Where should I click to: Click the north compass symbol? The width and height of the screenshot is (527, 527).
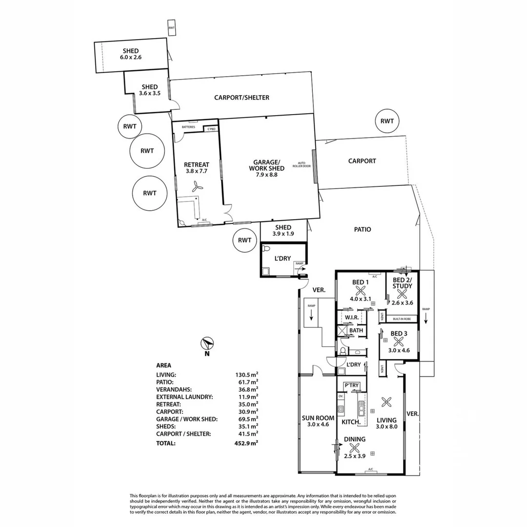(x=207, y=344)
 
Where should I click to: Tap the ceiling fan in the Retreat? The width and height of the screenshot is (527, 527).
(x=197, y=186)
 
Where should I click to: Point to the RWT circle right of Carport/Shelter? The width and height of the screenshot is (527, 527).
(x=387, y=121)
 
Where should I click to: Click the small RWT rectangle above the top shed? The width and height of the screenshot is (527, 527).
(x=171, y=28)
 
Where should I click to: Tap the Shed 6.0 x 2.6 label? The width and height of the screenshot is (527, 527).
(x=130, y=54)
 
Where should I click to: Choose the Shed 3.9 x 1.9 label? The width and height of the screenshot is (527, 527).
(x=283, y=230)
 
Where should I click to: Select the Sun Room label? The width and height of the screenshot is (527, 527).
(x=318, y=421)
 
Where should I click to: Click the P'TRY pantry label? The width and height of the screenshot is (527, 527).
(x=351, y=385)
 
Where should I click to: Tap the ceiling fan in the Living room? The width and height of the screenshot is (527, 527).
(x=387, y=402)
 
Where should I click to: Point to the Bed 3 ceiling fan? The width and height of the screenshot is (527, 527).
(x=398, y=342)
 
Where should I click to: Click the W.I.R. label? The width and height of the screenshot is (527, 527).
(x=352, y=318)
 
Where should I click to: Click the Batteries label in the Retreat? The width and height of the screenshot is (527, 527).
(x=188, y=127)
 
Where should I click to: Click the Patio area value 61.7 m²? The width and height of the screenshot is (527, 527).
(x=246, y=382)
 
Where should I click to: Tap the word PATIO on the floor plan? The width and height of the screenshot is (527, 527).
(x=363, y=229)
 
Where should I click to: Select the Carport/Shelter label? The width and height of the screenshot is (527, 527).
(x=242, y=98)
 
